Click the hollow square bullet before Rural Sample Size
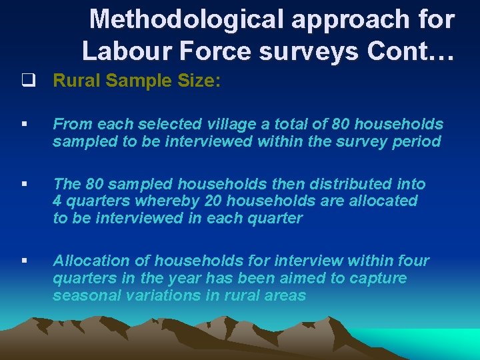pos(27,81)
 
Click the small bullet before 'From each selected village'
pos(23,124)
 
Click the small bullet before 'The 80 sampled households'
pos(23,184)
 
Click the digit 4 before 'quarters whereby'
pos(58,201)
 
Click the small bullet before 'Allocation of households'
pos(23,261)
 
